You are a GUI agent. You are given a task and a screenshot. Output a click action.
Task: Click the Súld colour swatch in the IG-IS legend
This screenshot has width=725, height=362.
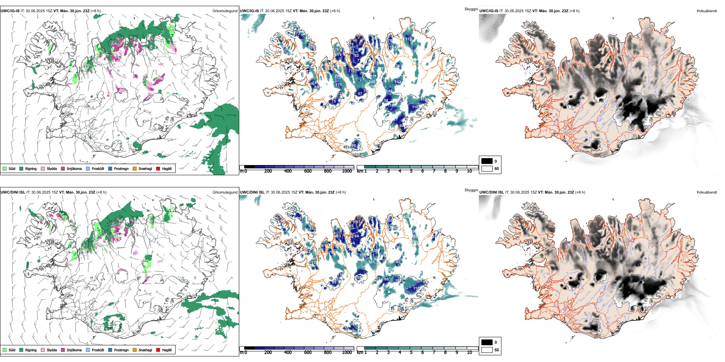pyautogui.click(x=5, y=168)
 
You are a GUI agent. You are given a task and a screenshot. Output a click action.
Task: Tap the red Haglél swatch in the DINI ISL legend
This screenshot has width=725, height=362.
pyautogui.click(x=158, y=350)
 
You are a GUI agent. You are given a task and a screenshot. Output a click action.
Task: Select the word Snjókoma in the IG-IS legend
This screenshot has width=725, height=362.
pyautogui.click(x=74, y=168)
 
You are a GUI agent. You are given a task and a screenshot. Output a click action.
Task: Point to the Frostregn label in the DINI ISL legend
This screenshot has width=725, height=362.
pyautogui.click(x=121, y=350)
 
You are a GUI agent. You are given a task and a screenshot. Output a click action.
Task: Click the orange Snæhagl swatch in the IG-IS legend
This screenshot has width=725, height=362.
pyautogui.click(x=135, y=168)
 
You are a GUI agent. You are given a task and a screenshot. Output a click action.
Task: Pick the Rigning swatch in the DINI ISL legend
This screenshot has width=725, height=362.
pyautogui.click(x=21, y=350)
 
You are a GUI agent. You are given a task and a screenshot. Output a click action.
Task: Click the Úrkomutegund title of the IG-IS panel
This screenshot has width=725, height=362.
pyautogui.click(x=225, y=11)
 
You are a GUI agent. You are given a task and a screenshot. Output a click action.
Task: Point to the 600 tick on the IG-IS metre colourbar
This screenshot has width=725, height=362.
pyautogui.click(x=308, y=171)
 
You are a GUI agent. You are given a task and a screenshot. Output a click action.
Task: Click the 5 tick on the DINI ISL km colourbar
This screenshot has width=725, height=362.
pyautogui.click(x=411, y=352)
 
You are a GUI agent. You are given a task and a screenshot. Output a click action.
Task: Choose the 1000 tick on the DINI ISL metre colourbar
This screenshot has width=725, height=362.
pyautogui.click(x=347, y=352)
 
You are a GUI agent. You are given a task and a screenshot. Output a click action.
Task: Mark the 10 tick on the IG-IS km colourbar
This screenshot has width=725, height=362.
pyautogui.click(x=469, y=171)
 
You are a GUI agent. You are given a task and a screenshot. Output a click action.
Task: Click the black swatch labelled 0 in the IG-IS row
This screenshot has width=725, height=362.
pyautogui.click(x=487, y=161)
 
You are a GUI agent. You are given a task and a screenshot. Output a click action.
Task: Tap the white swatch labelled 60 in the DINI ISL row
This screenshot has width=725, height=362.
pyautogui.click(x=487, y=350)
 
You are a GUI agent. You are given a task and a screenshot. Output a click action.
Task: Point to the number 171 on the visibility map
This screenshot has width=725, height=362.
pyautogui.click(x=338, y=85)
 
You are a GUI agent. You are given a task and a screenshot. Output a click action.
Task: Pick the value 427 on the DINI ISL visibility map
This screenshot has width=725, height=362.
pyautogui.click(x=407, y=216)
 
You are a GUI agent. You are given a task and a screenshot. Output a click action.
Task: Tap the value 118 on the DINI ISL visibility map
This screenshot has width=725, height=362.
pyautogui.click(x=416, y=288)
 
